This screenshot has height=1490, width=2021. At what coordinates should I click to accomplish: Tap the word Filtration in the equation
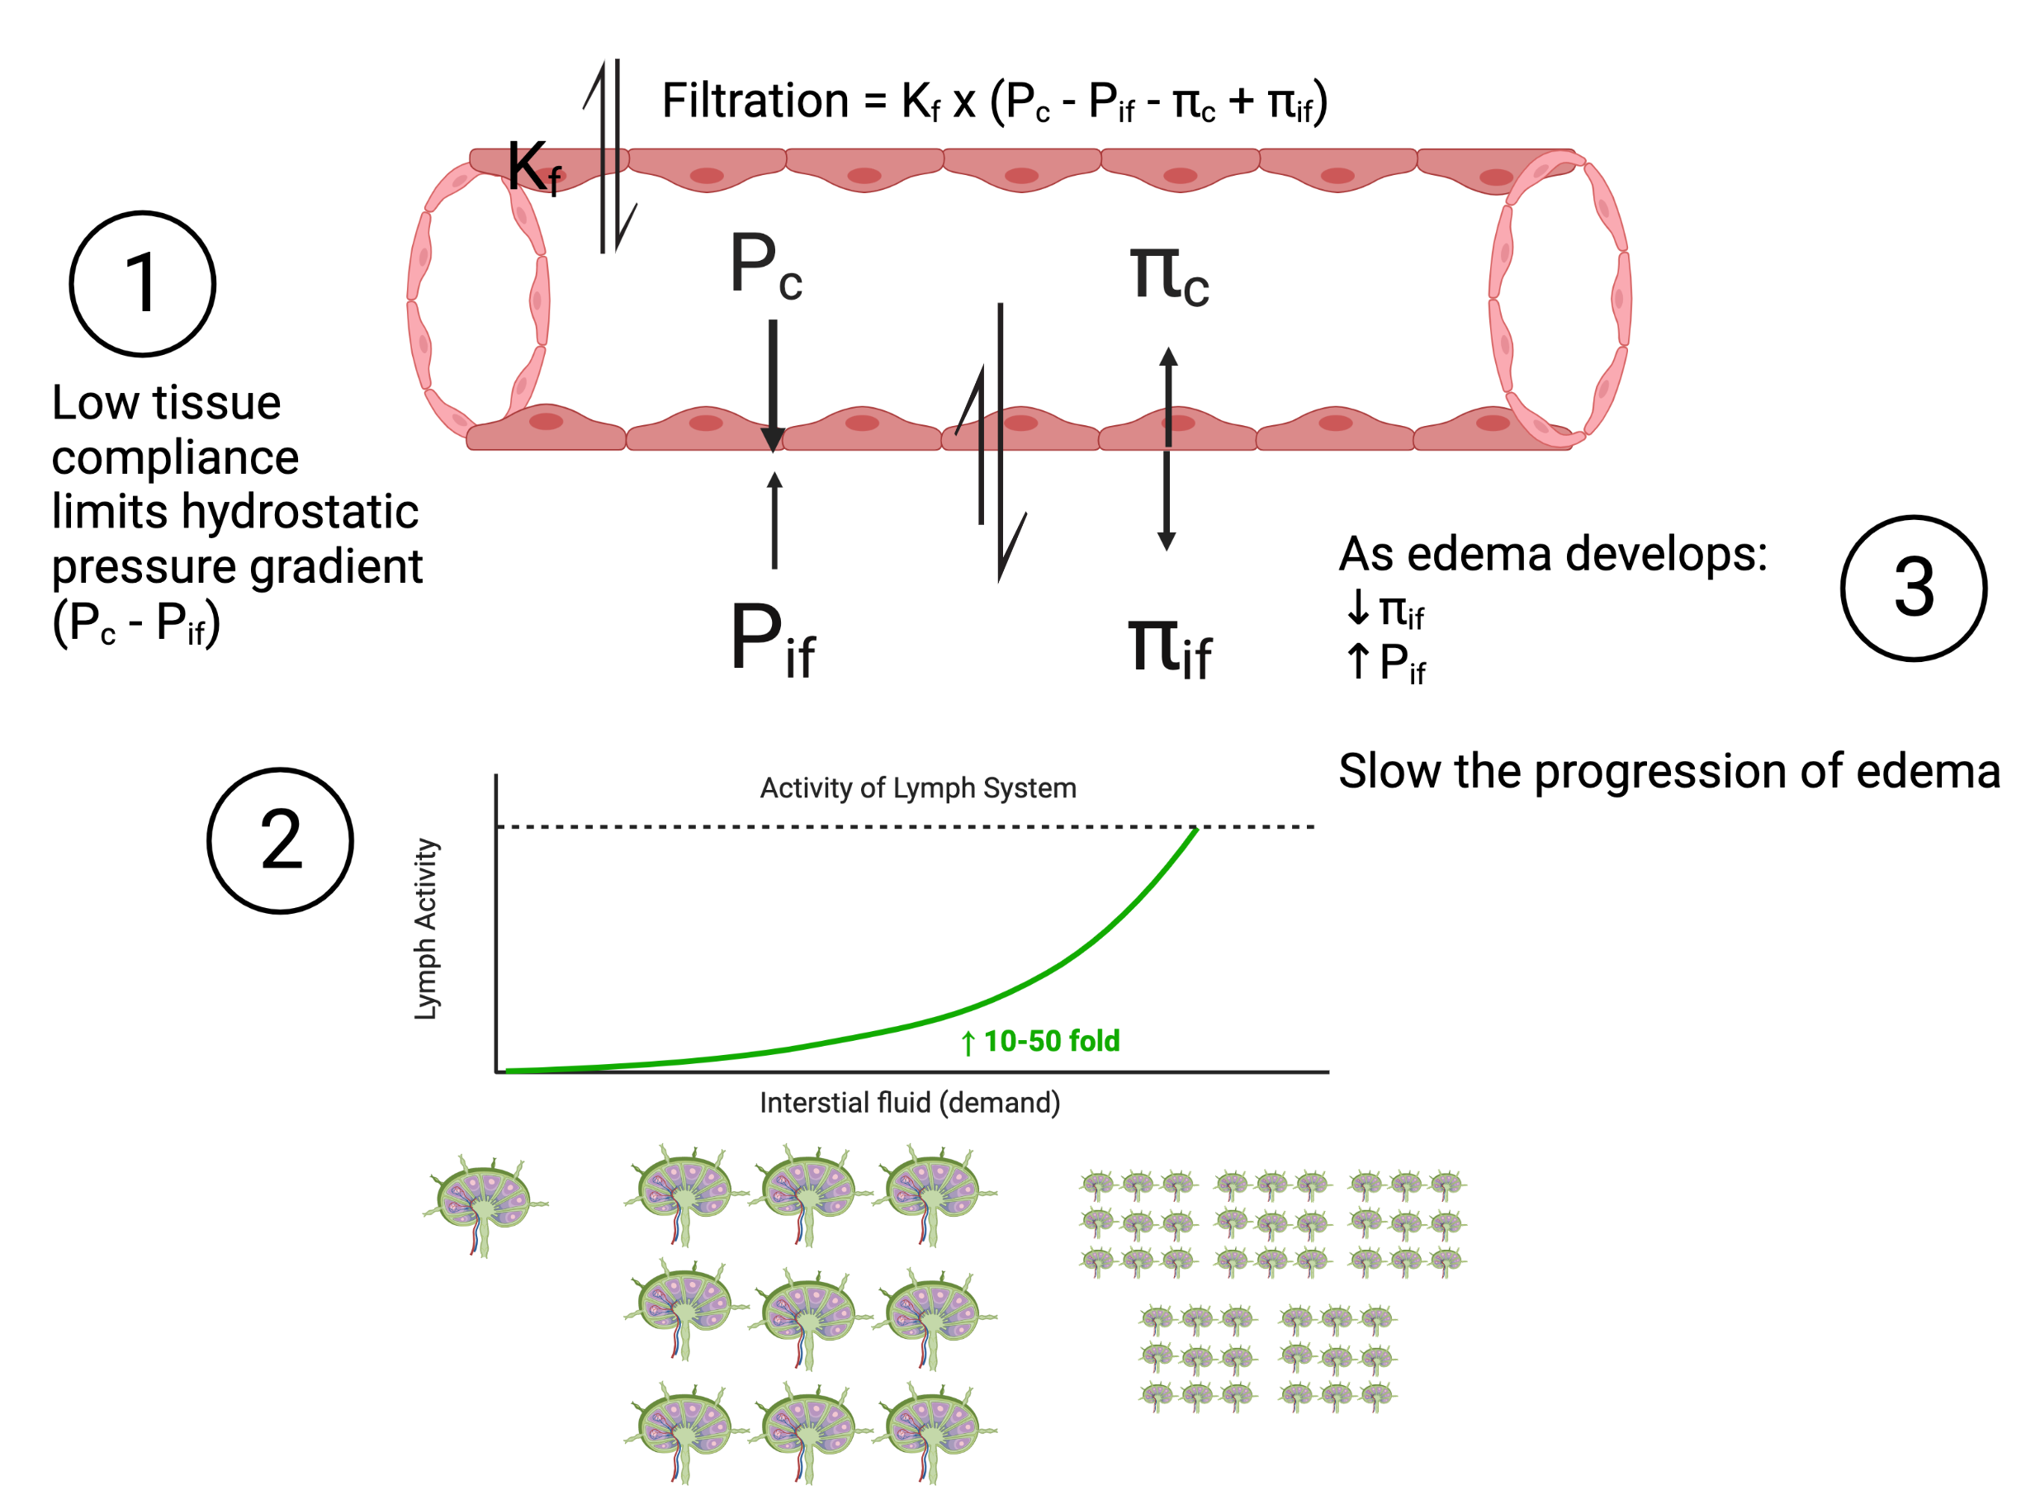pos(755,100)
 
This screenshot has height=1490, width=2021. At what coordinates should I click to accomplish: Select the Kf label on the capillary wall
pos(535,167)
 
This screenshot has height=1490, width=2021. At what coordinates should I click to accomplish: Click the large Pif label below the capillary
pos(773,640)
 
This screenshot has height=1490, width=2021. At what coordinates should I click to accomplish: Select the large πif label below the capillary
pos(1170,646)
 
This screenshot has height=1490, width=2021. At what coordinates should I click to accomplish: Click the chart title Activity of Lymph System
pos(918,788)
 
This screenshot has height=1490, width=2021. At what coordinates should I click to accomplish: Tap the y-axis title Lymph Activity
pos(425,929)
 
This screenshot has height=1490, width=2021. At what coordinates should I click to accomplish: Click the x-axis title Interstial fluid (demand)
pos(910,1103)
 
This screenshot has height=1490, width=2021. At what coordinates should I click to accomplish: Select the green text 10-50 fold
pos(1052,1042)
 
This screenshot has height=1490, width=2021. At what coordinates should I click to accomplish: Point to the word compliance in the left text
pos(175,458)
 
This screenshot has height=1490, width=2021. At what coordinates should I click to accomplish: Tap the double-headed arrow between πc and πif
pos(1167,449)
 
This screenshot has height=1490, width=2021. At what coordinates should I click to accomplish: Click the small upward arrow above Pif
pos(774,520)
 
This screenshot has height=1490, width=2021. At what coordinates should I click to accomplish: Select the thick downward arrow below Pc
pos(773,386)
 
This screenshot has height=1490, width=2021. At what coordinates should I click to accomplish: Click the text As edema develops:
pos(1553,554)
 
